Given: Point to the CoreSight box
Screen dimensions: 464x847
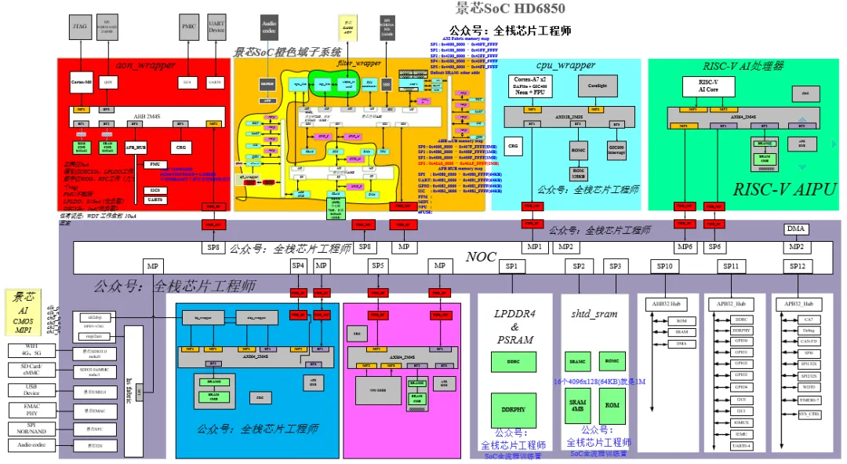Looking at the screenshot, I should tap(597, 85).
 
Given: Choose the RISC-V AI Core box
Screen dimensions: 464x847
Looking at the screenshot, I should tap(707, 86).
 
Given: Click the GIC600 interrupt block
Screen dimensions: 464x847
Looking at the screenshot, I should tap(616, 149).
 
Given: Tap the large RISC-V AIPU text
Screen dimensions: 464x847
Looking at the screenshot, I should tap(783, 189).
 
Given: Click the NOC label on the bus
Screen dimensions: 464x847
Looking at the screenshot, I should tap(482, 257).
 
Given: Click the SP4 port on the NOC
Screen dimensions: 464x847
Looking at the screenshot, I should tap(298, 267).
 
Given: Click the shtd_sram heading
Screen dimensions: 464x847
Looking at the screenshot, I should tap(594, 313).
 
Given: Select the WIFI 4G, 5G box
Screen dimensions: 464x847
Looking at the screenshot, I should tap(32, 349).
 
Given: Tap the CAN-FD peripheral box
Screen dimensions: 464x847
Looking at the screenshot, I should tap(808, 342).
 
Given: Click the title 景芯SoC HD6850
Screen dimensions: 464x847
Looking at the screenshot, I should tap(510, 9).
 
